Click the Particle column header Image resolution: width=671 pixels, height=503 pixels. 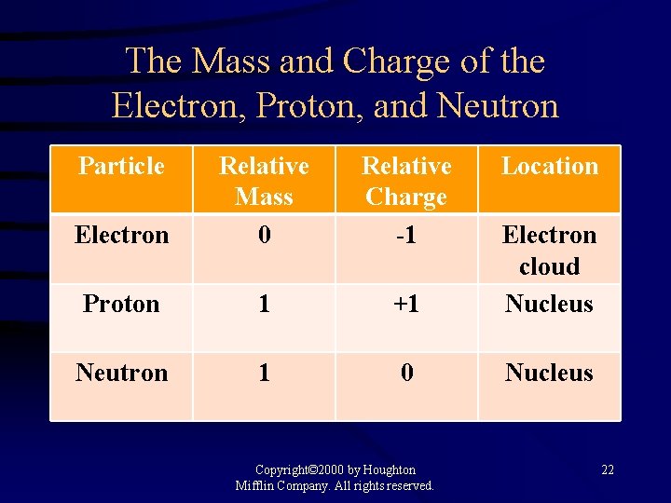[x=121, y=167]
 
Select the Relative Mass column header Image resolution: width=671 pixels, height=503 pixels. [x=264, y=181]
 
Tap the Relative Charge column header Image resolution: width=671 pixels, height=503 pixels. [x=406, y=181]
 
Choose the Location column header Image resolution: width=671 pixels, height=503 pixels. [x=550, y=167]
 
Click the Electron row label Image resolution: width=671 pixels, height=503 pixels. [x=121, y=235]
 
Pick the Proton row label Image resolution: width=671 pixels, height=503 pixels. [x=121, y=304]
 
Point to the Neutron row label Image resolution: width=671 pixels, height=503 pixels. [x=121, y=373]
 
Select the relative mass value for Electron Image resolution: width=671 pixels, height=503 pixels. [x=264, y=235]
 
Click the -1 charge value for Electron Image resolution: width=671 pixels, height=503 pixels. [x=406, y=235]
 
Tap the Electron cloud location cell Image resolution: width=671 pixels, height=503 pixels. [x=550, y=250]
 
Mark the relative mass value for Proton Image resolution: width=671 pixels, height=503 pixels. [x=264, y=304]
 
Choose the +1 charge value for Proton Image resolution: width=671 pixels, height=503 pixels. [x=406, y=304]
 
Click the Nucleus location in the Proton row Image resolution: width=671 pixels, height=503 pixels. [x=550, y=304]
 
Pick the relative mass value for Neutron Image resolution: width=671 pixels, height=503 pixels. [x=264, y=373]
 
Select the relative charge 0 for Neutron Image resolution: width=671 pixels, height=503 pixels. [x=406, y=373]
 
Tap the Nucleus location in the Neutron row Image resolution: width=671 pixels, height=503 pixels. [x=550, y=373]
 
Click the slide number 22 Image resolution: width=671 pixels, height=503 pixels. [x=608, y=469]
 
